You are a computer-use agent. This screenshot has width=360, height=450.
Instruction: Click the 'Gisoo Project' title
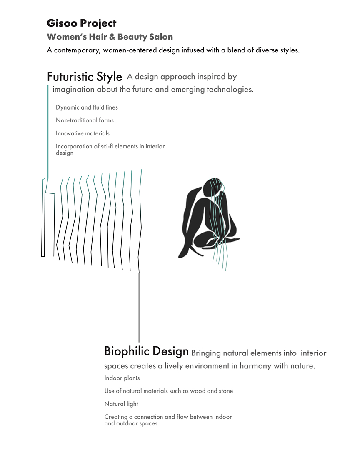(x=82, y=23)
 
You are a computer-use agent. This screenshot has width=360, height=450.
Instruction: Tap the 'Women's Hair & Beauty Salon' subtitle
(x=110, y=37)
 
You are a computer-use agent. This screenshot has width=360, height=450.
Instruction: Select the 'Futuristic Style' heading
(x=85, y=77)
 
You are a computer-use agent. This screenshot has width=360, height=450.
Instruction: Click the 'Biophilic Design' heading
(x=146, y=351)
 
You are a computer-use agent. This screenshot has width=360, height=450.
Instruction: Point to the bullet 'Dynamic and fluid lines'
(x=87, y=107)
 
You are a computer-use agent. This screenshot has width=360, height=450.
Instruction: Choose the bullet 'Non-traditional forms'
(x=85, y=120)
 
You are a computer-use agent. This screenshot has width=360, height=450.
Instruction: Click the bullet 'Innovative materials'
(x=82, y=133)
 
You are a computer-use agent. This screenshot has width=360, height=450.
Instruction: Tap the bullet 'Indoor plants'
(x=122, y=378)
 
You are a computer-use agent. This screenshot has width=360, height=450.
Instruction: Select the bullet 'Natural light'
(x=121, y=404)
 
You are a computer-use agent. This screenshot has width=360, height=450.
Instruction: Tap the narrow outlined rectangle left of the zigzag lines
(x=43, y=217)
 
